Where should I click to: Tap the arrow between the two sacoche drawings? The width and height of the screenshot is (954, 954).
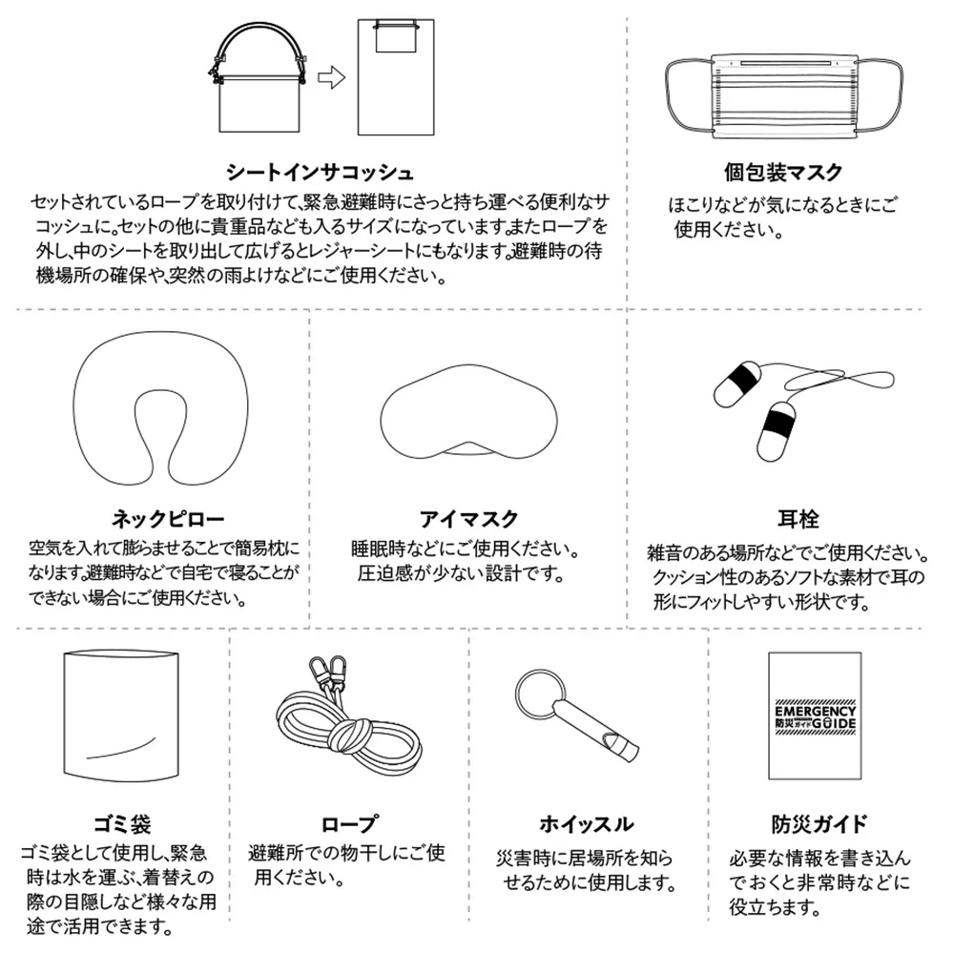click(x=330, y=78)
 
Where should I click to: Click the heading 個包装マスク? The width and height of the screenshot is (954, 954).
click(x=783, y=172)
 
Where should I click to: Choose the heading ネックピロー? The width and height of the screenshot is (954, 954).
click(x=168, y=519)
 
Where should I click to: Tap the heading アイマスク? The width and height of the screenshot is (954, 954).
click(x=468, y=519)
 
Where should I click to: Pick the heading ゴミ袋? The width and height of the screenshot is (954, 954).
click(x=121, y=822)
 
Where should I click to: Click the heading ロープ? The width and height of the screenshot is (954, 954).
click(x=349, y=822)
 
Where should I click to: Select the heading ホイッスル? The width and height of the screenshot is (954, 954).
click(x=586, y=822)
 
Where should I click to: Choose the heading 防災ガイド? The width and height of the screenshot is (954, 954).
click(x=819, y=822)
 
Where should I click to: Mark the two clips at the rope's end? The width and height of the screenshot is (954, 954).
click(x=333, y=670)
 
